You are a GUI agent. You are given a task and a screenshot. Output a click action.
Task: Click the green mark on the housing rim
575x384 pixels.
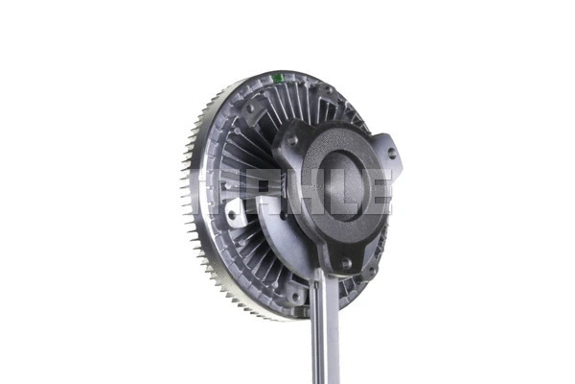(278, 78)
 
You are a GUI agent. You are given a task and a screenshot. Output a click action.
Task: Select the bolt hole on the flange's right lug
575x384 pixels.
(392, 154)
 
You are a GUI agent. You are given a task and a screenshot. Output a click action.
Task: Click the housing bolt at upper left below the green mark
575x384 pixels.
(251, 108)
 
